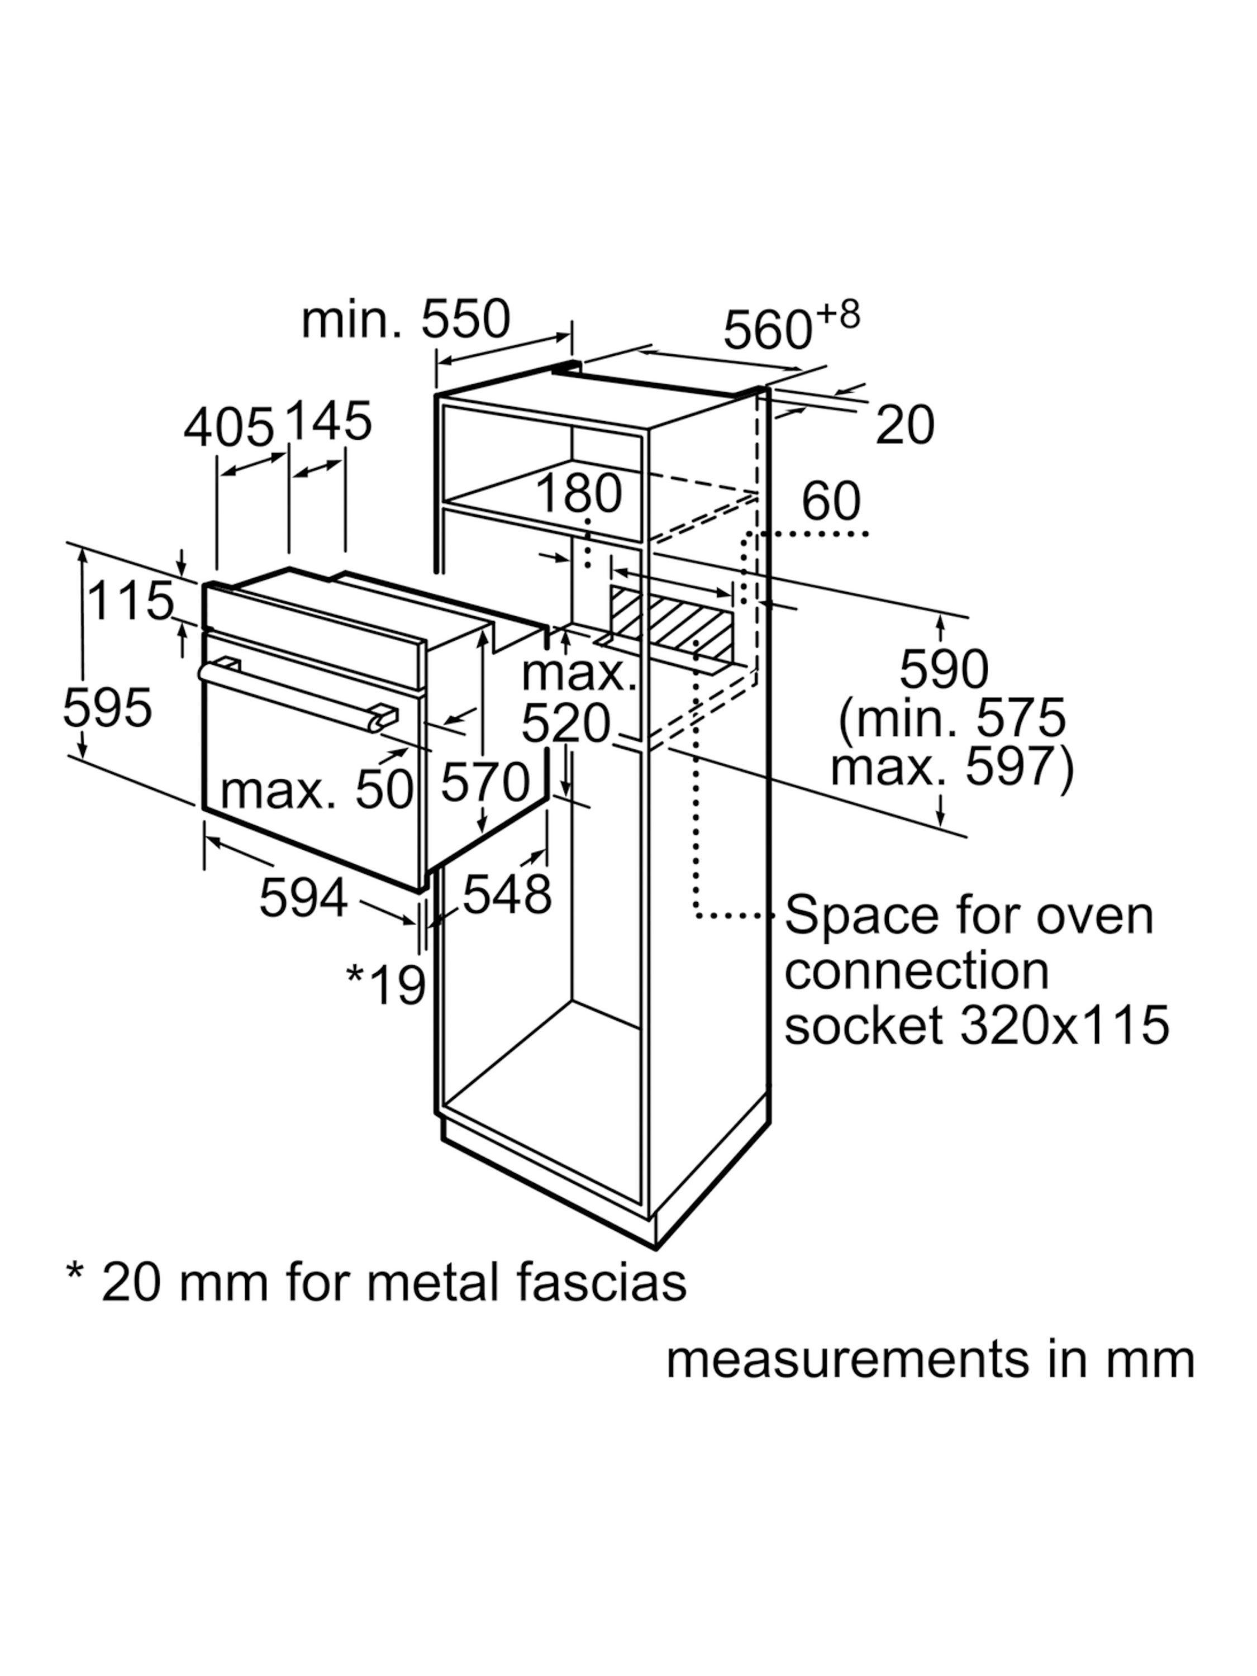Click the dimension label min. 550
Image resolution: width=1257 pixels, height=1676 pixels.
pos(406,321)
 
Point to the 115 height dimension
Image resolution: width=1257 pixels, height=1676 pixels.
pos(130,601)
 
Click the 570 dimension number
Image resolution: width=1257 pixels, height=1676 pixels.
pos(485,782)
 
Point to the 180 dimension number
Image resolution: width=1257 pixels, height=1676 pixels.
pos(579,494)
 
